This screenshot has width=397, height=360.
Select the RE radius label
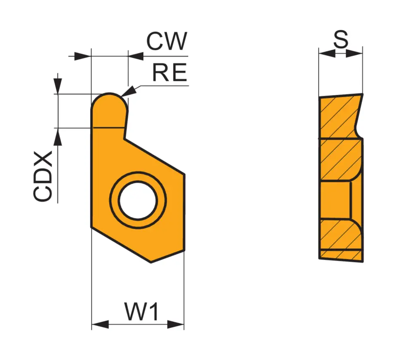[170, 73]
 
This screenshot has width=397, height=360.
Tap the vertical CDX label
[43, 176]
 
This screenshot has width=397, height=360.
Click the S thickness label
[341, 40]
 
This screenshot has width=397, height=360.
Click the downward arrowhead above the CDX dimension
[58, 87]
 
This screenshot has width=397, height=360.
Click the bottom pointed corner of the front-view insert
[151, 261]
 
